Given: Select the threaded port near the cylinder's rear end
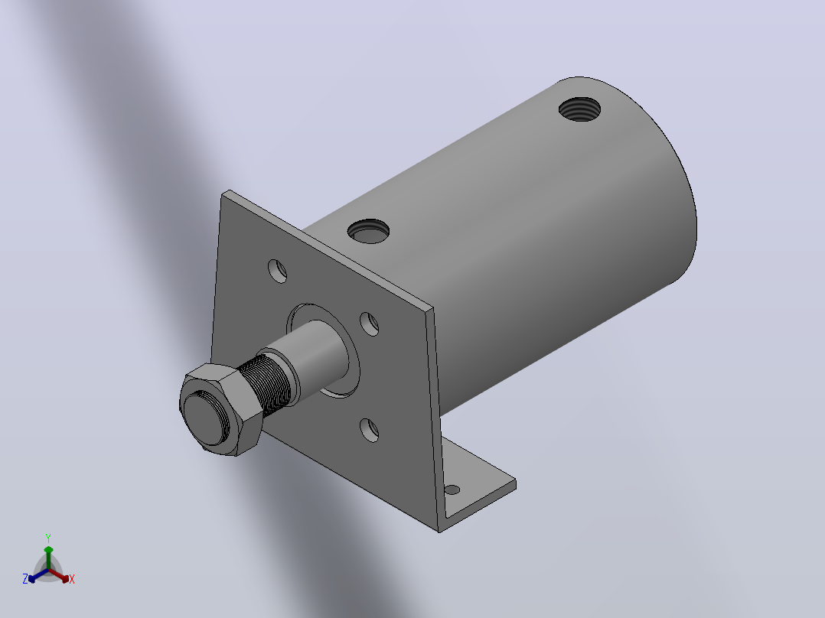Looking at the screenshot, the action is pyautogui.click(x=579, y=109).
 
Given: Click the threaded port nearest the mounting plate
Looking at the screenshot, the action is pyautogui.click(x=368, y=232).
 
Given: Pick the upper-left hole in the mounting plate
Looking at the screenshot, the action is pyautogui.click(x=277, y=271).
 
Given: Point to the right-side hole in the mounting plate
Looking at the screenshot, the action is pyautogui.click(x=370, y=324).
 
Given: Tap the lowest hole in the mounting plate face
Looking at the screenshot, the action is pyautogui.click(x=370, y=431).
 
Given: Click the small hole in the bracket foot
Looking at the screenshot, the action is pyautogui.click(x=452, y=490).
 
